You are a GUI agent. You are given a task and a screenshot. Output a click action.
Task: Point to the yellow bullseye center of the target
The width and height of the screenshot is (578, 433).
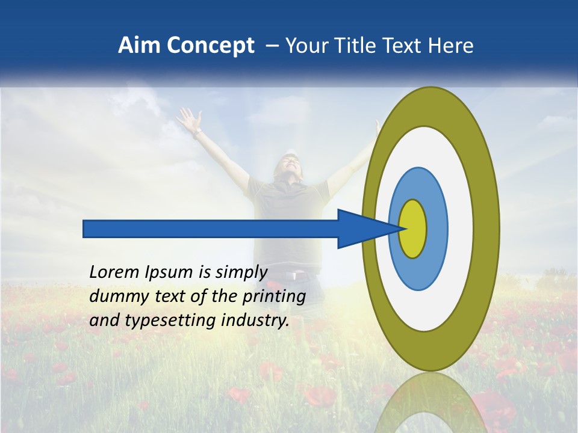click(412, 229)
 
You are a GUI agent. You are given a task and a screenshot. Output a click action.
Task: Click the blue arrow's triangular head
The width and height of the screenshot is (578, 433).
click(361, 229)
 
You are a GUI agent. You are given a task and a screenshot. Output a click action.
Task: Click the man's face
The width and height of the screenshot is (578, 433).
click(287, 165)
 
